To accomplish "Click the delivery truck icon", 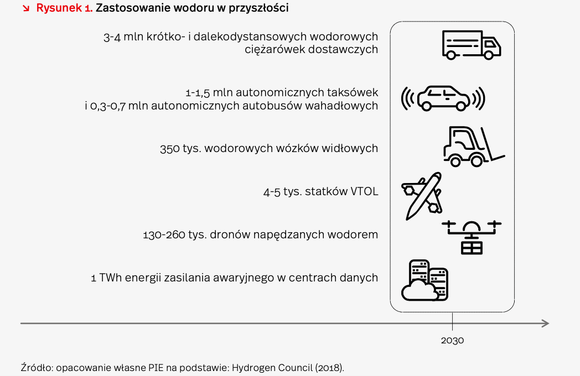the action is (x=472, y=45).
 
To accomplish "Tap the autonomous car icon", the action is (x=443, y=98).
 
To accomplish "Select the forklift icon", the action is (x=474, y=147).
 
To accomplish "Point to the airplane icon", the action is (x=422, y=196).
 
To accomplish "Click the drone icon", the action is (x=472, y=237).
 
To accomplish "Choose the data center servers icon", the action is (x=424, y=280).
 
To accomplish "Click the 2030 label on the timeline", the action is (x=452, y=340).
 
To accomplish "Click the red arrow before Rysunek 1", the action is (x=26, y=8).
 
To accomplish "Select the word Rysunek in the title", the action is (x=59, y=8).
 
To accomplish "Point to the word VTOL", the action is (x=364, y=191).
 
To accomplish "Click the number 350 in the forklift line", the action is (x=170, y=148).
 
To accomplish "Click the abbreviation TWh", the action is (x=111, y=278).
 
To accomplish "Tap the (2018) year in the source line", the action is (x=330, y=368).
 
